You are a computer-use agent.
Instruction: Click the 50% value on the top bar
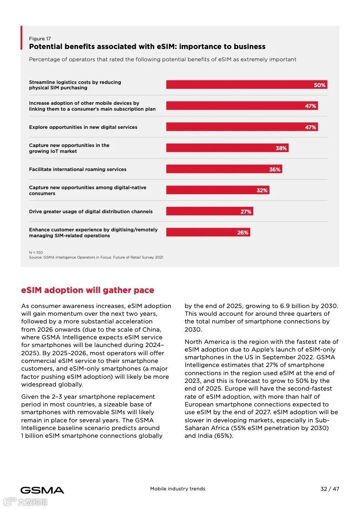(320, 85)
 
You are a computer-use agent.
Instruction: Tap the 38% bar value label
(281, 148)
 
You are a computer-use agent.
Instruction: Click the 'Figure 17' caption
(40, 39)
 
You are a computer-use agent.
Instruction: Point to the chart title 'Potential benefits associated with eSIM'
(147, 47)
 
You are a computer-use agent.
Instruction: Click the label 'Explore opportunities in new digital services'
(83, 127)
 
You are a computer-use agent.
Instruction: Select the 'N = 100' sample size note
(36, 252)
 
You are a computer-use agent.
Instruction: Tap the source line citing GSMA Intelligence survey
(96, 257)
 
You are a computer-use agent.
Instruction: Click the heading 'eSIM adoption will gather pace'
(88, 290)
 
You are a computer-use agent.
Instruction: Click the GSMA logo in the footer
(42, 490)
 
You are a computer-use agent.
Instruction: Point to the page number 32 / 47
(330, 489)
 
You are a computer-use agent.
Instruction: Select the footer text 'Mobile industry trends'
(178, 489)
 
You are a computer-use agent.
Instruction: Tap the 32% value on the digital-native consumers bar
(262, 191)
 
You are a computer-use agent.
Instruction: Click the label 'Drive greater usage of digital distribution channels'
(91, 211)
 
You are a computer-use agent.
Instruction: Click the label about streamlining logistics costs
(75, 85)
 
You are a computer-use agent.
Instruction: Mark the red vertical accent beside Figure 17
(21, 38)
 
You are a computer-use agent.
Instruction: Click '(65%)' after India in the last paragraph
(223, 436)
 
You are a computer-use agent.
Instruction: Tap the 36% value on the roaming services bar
(275, 170)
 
